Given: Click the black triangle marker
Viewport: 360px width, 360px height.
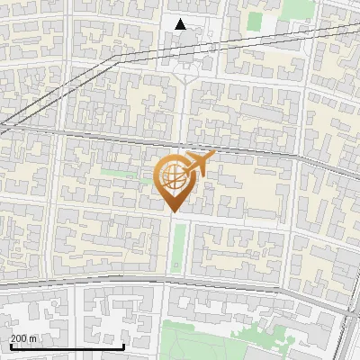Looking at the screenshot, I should (x=182, y=24).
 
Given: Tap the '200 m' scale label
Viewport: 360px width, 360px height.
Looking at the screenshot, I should (x=23, y=338).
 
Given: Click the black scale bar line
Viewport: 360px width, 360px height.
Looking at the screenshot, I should (x=67, y=346).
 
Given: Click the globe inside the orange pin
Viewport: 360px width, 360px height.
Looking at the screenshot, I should (x=172, y=177).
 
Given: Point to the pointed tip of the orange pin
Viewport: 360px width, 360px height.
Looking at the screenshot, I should (x=172, y=211).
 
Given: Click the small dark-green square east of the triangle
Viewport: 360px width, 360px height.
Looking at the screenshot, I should (x=255, y=21).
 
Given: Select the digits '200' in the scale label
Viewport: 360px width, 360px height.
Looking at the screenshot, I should (x=19, y=338).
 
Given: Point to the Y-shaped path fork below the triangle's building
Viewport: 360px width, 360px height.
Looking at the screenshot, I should (x=185, y=77).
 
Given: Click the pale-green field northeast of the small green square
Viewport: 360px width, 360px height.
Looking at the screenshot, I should (x=297, y=8).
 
